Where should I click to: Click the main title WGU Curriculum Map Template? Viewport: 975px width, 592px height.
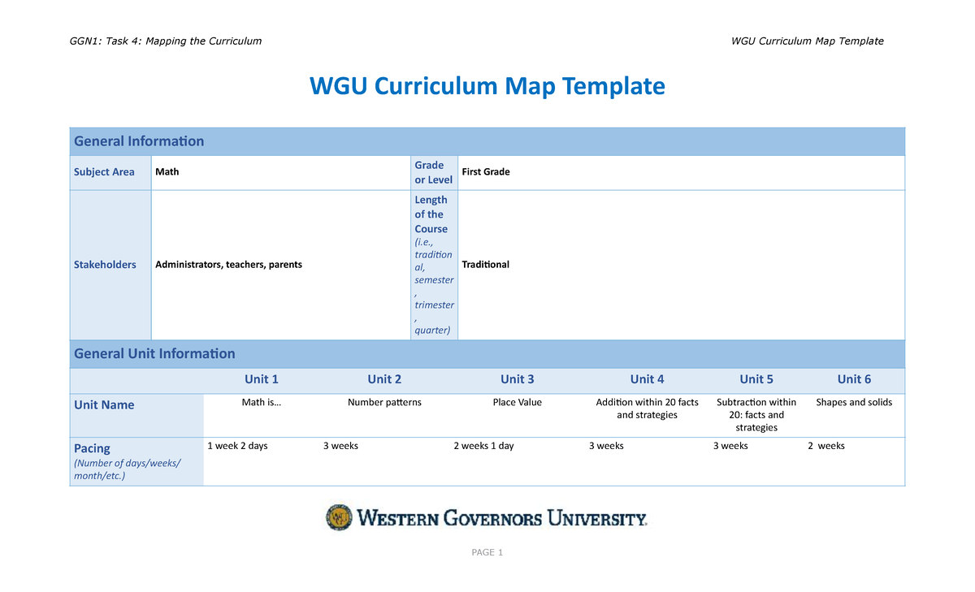point(487,86)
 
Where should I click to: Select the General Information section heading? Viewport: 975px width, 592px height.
point(139,141)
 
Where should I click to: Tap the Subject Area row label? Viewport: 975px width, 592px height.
point(104,172)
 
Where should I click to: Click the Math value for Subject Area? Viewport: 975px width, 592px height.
point(167,172)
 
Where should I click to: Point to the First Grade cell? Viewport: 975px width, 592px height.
point(485,172)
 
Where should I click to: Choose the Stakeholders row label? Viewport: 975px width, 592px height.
point(105,265)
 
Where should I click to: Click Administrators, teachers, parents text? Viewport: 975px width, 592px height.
point(228,265)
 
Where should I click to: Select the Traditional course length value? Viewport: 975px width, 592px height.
point(485,265)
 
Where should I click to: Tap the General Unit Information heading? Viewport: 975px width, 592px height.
point(154,354)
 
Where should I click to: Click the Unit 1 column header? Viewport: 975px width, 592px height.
point(262,379)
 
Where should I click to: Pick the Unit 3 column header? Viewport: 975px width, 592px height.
point(517,379)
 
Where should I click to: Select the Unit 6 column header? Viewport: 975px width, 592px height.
point(854,379)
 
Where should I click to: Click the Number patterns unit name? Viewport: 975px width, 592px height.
point(384,403)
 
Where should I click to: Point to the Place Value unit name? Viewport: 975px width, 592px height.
point(517,403)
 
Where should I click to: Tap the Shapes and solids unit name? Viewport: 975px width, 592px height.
point(854,403)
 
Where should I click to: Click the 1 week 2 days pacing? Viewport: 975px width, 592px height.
point(237,446)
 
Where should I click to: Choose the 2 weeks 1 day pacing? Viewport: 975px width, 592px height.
point(483,446)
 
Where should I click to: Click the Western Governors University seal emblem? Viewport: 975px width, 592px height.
point(339,517)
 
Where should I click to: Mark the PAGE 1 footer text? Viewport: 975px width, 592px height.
point(487,553)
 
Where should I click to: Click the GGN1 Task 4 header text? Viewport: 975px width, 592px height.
point(166,41)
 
